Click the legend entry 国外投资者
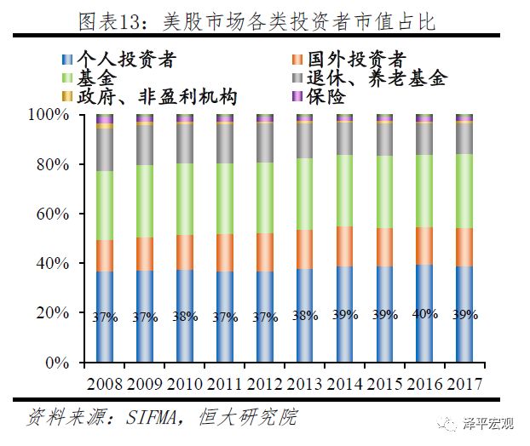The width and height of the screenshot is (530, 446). point(354,60)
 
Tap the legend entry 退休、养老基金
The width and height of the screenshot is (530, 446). point(374,79)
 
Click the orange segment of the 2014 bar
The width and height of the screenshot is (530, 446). point(344,245)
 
